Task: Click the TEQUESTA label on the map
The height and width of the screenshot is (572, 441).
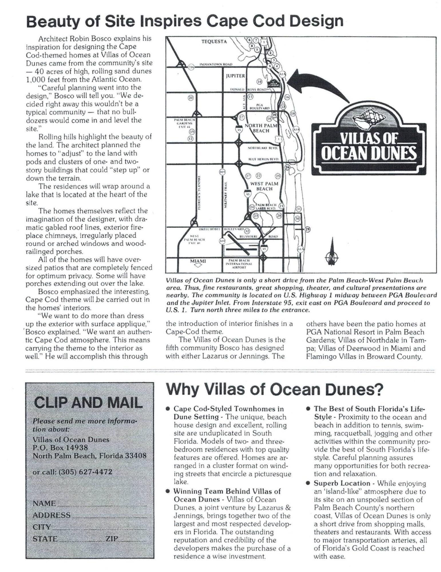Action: coord(214,42)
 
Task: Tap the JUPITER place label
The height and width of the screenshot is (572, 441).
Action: coord(235,76)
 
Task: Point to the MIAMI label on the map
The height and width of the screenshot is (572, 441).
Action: coord(198,261)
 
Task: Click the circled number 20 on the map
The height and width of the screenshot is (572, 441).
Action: coord(191,98)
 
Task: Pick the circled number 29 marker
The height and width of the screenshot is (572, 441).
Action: coord(307,229)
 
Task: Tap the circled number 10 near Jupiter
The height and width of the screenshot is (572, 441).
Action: coord(259,82)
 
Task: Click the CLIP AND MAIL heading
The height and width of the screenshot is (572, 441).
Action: coord(88,403)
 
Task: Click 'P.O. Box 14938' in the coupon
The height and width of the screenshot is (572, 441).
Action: coord(60,448)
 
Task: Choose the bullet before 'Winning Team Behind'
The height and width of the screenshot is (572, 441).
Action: coord(168,491)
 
